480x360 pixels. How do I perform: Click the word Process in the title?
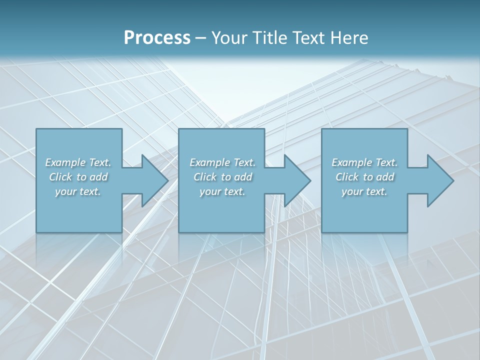coord(157,37)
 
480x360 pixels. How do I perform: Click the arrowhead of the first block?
coord(154,180)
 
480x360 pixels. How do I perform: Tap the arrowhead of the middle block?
coord(296,180)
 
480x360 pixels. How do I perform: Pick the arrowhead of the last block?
coord(439,180)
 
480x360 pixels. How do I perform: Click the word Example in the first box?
coord(65,162)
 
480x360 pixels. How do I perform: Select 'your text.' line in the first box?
coord(78,191)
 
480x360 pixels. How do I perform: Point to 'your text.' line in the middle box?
coord(222,191)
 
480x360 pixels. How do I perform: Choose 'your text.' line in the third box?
coord(364,191)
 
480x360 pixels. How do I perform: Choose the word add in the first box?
coord(99,177)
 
